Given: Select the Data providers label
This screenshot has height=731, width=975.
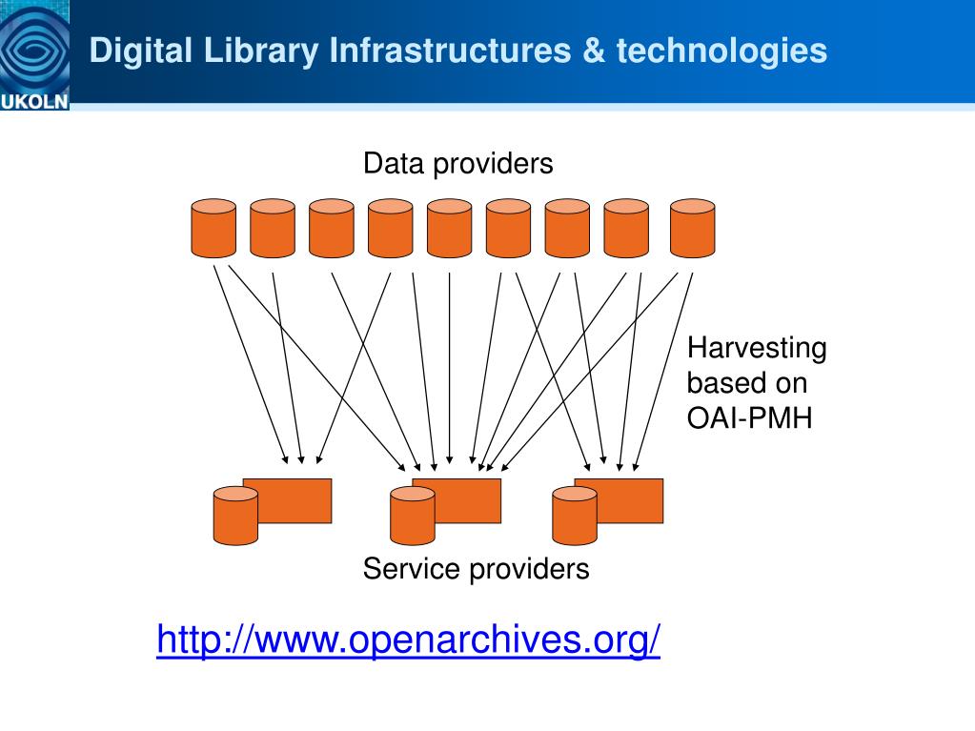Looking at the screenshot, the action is pos(457,164).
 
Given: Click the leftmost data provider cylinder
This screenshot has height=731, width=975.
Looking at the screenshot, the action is pos(213,228).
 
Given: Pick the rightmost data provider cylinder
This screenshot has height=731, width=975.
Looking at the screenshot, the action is pos(692,228).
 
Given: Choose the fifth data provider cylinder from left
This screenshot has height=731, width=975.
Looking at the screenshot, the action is pos(449,228).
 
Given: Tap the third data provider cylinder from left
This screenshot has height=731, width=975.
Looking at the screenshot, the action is pos(331,228).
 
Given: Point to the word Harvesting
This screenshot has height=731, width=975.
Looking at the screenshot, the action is pos(757,349).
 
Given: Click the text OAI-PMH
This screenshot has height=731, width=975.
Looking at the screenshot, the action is pos(749,416).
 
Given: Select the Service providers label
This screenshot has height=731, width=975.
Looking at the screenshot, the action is pos(476,570).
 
